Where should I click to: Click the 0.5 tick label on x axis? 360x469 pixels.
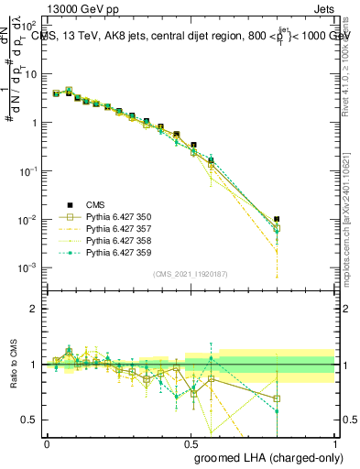coord(191,443)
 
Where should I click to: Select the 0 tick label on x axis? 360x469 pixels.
coord(47,443)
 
